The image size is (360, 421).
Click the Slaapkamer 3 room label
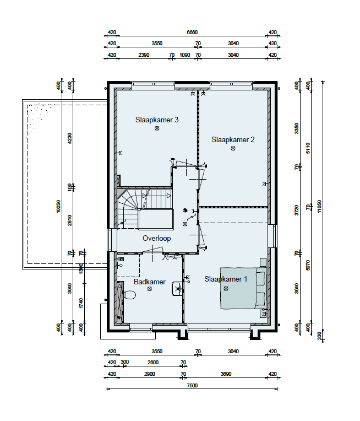tap(157, 120)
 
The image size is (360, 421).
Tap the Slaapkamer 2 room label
tap(233, 139)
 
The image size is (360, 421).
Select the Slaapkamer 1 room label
tap(226, 279)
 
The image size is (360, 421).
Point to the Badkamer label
tap(150, 282)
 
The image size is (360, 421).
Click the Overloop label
tap(157, 239)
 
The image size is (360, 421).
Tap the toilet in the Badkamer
tap(129, 294)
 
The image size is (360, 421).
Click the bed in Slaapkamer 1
tap(243, 288)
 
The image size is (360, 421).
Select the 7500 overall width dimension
tap(192, 386)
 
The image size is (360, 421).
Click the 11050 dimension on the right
tap(319, 206)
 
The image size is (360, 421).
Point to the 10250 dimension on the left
tap(58, 206)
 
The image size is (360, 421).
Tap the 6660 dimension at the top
tap(192, 33)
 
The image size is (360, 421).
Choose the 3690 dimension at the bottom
tap(226, 374)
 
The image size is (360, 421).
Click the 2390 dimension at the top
tap(144, 55)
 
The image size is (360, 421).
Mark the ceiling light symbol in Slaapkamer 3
tap(157, 128)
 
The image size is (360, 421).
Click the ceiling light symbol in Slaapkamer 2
tap(233, 148)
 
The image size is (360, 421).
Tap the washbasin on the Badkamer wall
tap(177, 289)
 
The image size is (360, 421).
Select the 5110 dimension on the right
tap(308, 148)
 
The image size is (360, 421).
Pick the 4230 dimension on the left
tap(70, 138)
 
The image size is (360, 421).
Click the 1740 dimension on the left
tap(81, 304)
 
